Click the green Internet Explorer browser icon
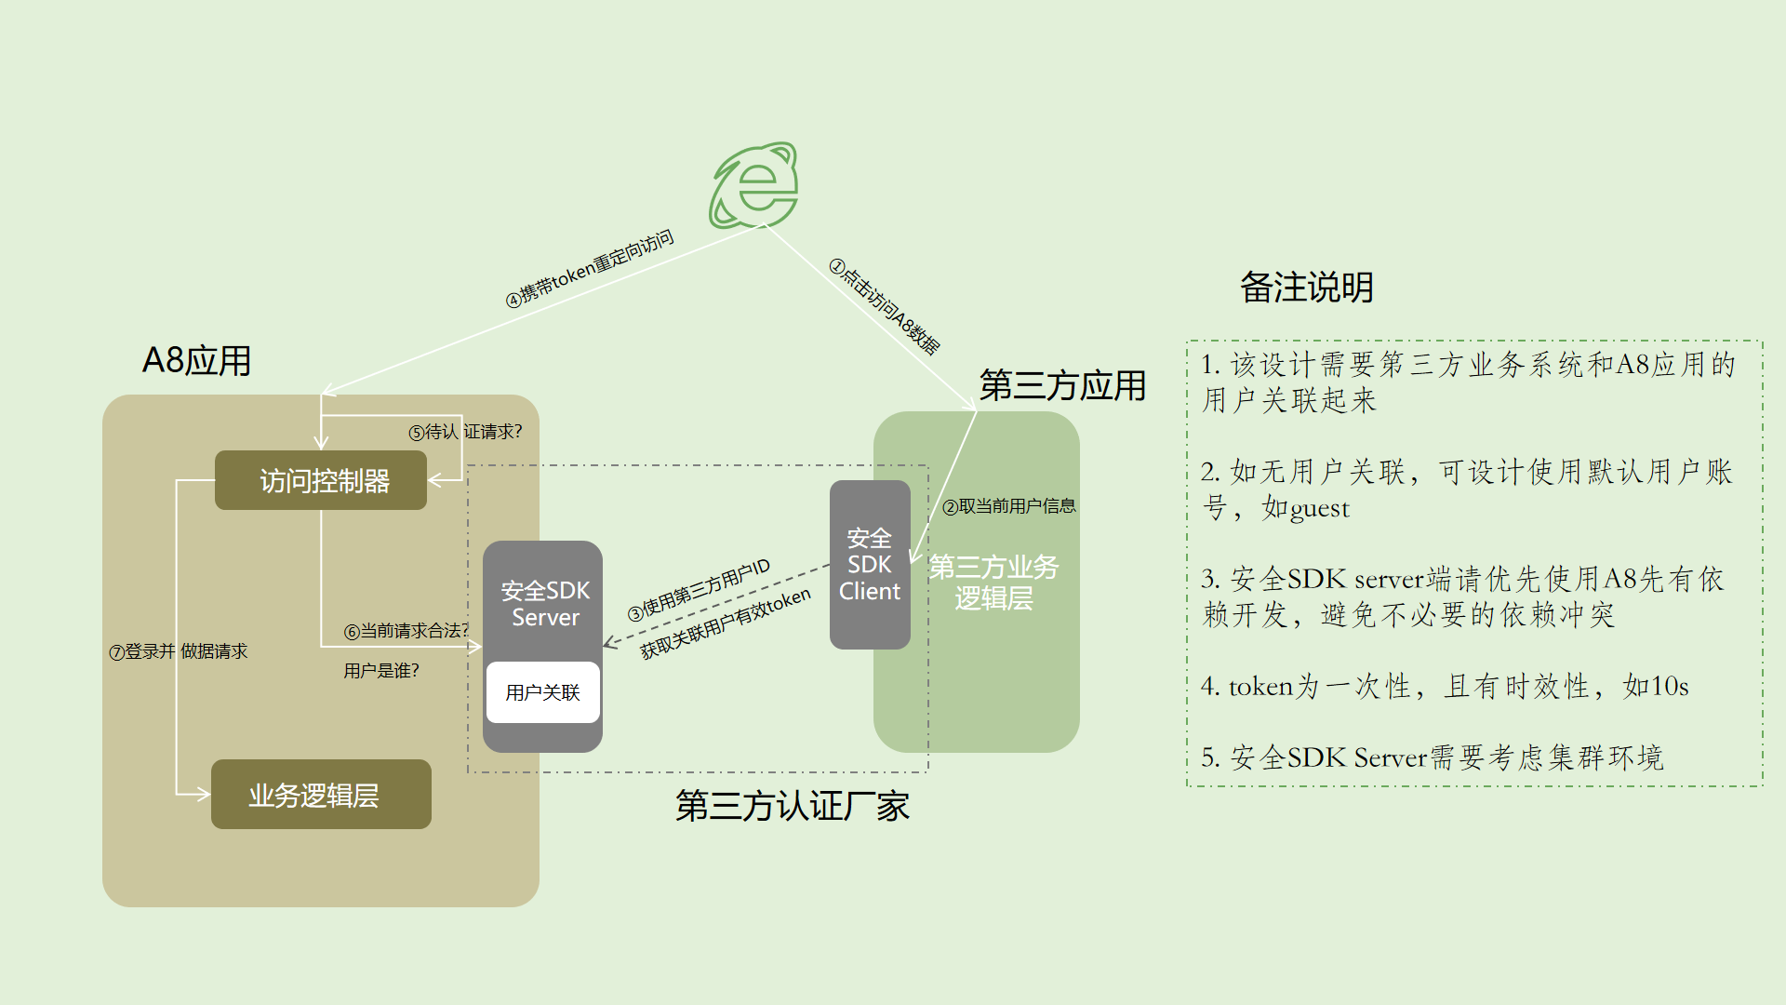coord(754,186)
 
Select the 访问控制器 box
coord(321,480)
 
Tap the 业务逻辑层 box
coord(321,795)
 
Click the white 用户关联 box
coord(543,692)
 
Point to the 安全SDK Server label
coord(545,603)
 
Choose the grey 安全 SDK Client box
coord(870,564)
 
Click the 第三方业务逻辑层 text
coord(993,583)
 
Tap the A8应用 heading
coord(197,361)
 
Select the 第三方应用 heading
coord(1062,385)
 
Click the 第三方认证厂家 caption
coord(793,806)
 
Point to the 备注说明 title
coord(1306,288)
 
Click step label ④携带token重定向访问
coord(590,268)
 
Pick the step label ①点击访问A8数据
coord(885,307)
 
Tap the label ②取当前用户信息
coord(1009,506)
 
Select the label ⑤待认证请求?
coord(466,432)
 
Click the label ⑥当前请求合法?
coord(407,631)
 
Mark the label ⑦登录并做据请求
coord(179,651)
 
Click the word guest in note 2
coord(1318,509)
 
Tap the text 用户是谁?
coord(381,671)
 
